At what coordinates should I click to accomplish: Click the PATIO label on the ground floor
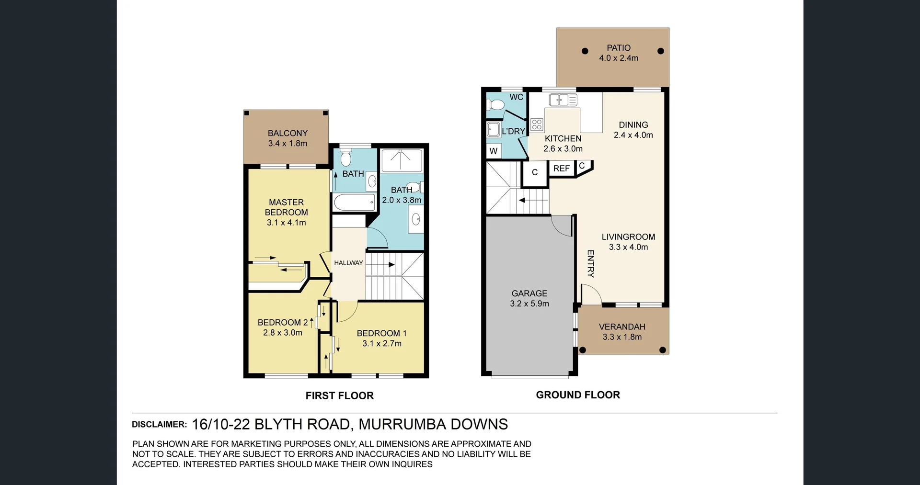pyautogui.click(x=618, y=48)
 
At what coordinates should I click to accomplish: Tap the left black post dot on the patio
pyautogui.click(x=585, y=51)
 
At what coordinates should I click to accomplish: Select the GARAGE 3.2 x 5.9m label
pyautogui.click(x=529, y=298)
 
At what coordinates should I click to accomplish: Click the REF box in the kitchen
pyautogui.click(x=561, y=169)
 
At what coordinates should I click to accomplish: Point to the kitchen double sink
pyautogui.click(x=563, y=100)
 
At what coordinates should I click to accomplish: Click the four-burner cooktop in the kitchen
pyautogui.click(x=537, y=124)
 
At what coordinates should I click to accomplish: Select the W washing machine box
pyautogui.click(x=494, y=151)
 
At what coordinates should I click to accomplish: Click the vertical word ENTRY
pyautogui.click(x=591, y=264)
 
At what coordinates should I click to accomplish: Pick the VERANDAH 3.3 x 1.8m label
pyautogui.click(x=622, y=331)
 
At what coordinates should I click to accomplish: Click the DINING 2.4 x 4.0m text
pyautogui.click(x=633, y=130)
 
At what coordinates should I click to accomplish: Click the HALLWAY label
pyautogui.click(x=348, y=263)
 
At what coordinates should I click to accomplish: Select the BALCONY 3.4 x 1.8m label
pyautogui.click(x=287, y=138)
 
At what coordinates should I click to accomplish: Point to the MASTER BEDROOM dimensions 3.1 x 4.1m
pyautogui.click(x=286, y=223)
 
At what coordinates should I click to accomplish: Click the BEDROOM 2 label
pyautogui.click(x=282, y=323)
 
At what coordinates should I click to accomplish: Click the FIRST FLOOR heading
pyautogui.click(x=339, y=395)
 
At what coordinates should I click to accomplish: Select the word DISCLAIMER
pyautogui.click(x=159, y=425)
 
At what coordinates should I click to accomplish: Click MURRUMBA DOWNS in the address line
pyautogui.click(x=433, y=424)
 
